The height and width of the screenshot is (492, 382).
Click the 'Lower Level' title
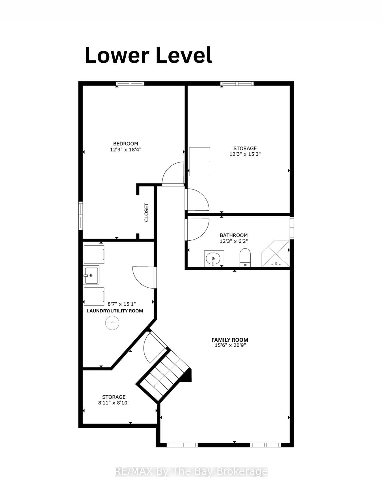[148, 56]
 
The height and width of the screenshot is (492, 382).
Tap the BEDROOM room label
[125, 144]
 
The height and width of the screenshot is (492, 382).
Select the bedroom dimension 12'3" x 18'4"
[125, 149]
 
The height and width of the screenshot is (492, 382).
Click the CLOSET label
[146, 212]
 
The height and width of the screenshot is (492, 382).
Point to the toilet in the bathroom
[245, 257]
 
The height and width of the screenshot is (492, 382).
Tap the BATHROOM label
[234, 235]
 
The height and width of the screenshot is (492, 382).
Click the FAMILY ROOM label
[230, 340]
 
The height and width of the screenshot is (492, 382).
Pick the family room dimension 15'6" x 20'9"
[230, 345]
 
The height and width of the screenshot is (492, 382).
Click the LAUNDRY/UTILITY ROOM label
[115, 311]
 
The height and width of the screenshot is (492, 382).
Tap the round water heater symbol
[112, 323]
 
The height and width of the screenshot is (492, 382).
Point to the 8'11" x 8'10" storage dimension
[114, 403]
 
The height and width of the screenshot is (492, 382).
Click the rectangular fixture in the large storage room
[200, 162]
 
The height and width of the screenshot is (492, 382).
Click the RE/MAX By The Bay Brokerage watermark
[191, 472]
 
